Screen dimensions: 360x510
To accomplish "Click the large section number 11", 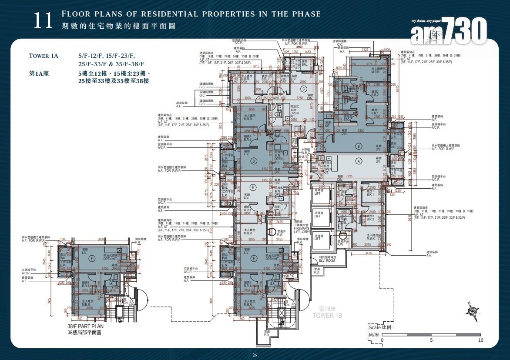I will (43, 21).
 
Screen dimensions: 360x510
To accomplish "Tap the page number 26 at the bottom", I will (255, 355).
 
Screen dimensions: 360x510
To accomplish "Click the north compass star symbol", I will (472, 311).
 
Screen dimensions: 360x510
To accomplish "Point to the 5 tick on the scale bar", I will (431, 340).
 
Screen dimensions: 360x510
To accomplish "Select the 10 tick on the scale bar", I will (480, 340).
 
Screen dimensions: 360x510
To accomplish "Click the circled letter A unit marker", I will (359, 161).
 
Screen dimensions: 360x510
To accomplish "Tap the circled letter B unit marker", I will (359, 146).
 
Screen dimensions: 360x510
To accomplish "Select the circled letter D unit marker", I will (254, 161).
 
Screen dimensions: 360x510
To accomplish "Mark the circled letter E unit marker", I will (254, 187).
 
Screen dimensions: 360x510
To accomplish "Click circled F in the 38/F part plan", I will (91, 258).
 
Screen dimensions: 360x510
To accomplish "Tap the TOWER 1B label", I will (327, 313).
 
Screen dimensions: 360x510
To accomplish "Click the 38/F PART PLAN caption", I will (84, 326).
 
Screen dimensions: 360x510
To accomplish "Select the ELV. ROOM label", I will (327, 260).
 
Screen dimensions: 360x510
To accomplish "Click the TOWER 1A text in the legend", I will (44, 56).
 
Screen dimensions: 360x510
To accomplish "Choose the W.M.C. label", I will (306, 152).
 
